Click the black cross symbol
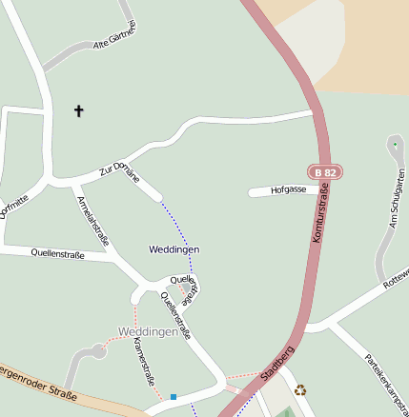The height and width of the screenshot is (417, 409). (78, 111)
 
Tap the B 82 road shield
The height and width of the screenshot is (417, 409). (325, 172)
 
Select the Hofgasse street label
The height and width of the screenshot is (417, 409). (288, 190)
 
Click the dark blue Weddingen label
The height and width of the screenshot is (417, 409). (174, 249)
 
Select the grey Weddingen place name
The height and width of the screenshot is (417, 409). (148, 331)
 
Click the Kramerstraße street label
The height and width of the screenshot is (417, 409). (144, 363)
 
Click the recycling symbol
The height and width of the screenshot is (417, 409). (300, 389)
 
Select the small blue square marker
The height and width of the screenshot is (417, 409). (174, 396)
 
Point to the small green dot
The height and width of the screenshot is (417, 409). (395, 144)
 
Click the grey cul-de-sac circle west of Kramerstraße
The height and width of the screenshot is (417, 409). (98, 352)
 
